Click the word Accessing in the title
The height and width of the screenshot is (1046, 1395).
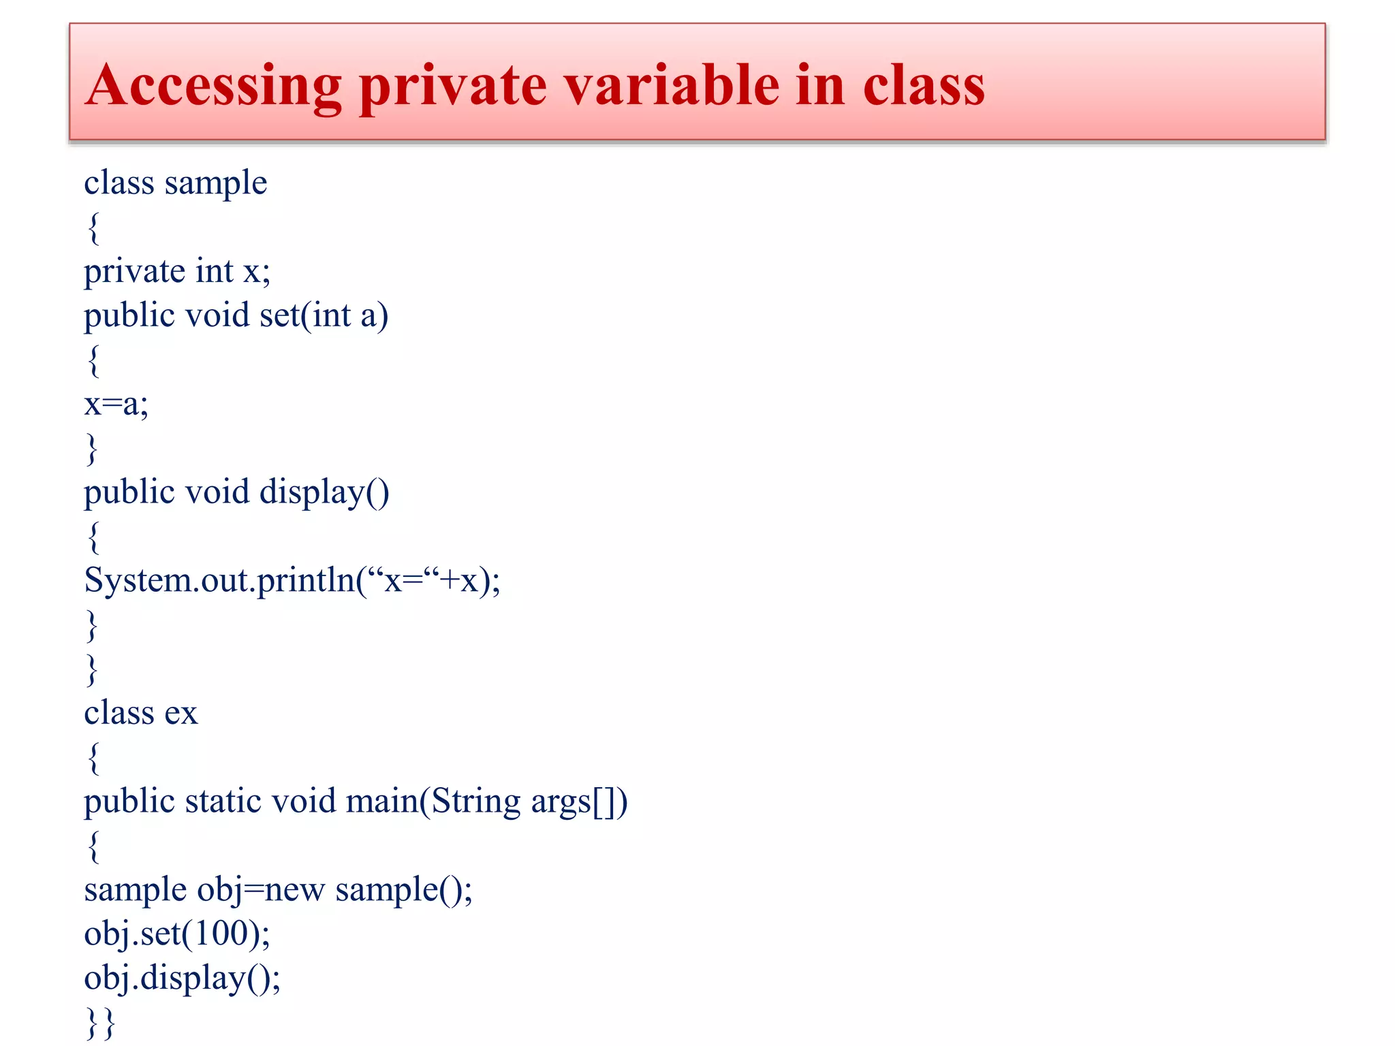pos(213,86)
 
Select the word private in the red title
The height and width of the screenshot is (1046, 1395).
pos(453,87)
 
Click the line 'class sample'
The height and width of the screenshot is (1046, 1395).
pos(175,183)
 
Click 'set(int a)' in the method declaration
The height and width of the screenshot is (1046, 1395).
pos(324,315)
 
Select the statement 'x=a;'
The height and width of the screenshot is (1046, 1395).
pos(116,404)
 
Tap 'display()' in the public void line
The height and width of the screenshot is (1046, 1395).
pos(324,492)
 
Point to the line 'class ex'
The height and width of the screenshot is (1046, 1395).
pos(140,713)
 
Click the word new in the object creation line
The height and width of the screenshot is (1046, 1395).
pos(294,890)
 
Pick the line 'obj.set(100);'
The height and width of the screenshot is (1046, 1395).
pos(176,934)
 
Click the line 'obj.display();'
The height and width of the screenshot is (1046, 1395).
pos(182,979)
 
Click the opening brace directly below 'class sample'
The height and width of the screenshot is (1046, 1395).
pos(93,227)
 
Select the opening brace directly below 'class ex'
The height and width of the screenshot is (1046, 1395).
pos(93,757)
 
